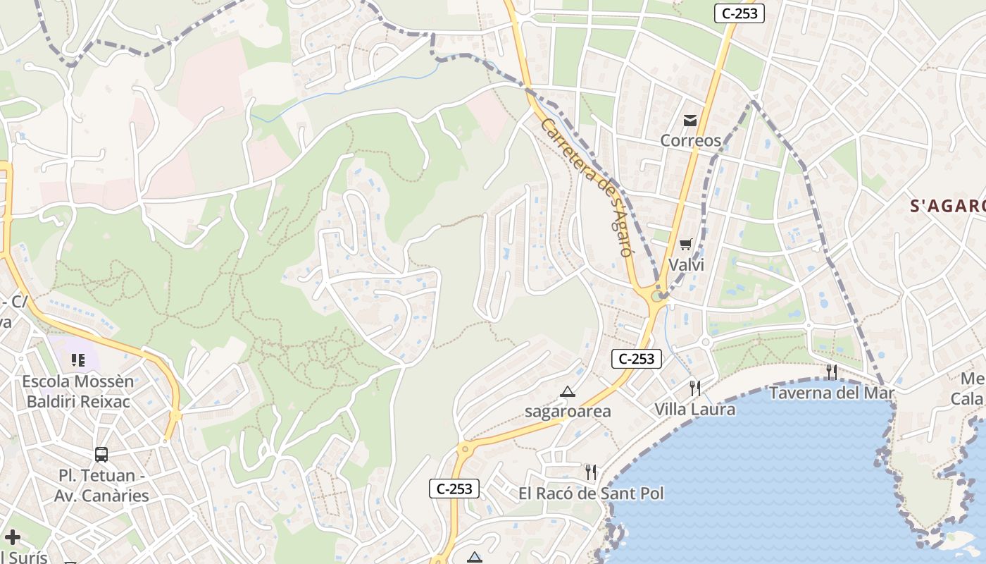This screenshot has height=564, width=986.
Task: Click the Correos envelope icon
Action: pyautogui.click(x=690, y=121)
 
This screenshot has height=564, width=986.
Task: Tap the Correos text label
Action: pyautogui.click(x=690, y=140)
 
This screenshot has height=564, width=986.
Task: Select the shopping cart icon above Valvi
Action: pyautogui.click(x=686, y=245)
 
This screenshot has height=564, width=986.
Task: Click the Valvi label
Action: pyautogui.click(x=686, y=265)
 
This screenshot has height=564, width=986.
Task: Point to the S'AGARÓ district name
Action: pyautogui.click(x=948, y=206)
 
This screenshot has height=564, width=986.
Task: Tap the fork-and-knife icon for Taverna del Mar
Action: pyautogui.click(x=832, y=372)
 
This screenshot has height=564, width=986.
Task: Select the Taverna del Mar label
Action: pyautogui.click(x=832, y=393)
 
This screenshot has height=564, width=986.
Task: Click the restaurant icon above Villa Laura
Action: pyautogui.click(x=695, y=388)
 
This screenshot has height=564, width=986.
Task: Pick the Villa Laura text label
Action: pyautogui.click(x=695, y=409)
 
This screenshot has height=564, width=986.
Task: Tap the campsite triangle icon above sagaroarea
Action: pyautogui.click(x=568, y=391)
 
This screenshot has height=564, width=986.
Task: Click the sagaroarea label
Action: pyautogui.click(x=568, y=411)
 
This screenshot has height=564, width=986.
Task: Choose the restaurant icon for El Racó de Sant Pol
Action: pyautogui.click(x=591, y=472)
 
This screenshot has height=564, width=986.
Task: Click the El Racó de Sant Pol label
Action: pyautogui.click(x=591, y=493)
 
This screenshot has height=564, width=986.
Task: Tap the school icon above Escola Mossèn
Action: pyautogui.click(x=78, y=360)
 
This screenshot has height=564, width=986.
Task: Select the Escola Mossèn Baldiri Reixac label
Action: pyautogui.click(x=78, y=391)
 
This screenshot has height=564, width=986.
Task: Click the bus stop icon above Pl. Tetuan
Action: pyautogui.click(x=101, y=455)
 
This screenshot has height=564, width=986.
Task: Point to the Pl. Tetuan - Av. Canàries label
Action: pyautogui.click(x=101, y=485)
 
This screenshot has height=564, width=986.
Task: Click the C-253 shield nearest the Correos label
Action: pyautogui.click(x=739, y=13)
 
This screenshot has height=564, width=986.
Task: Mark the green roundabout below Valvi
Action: pyautogui.click(x=658, y=296)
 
